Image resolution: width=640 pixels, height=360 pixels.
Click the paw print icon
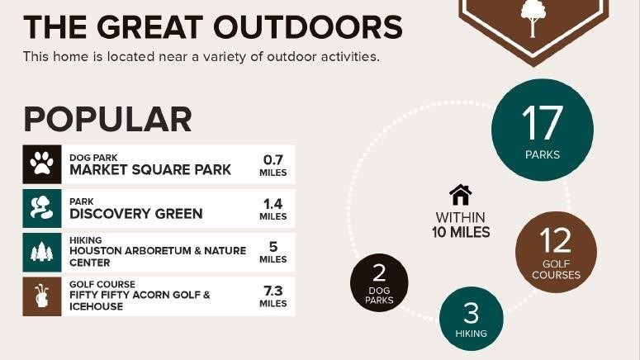[x=41, y=163]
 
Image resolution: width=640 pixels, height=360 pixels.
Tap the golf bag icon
[x=41, y=296]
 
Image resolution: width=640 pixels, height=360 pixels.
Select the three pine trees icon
[x=41, y=252]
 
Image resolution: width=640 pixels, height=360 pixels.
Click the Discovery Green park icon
[x=41, y=207]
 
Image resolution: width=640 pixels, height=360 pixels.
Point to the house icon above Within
[x=461, y=195]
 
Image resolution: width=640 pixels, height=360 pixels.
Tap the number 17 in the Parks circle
[x=542, y=122]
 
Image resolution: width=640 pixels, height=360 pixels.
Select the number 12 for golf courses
[x=555, y=240]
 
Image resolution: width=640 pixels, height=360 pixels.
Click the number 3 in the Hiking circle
[x=471, y=313]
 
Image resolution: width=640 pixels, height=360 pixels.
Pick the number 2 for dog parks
[x=379, y=272]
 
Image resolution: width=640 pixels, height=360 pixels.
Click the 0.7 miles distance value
[x=273, y=159]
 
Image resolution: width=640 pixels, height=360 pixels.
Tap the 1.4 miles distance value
[x=273, y=204]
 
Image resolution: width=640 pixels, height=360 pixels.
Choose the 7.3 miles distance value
[x=273, y=291]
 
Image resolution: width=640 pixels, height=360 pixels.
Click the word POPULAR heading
[x=107, y=119]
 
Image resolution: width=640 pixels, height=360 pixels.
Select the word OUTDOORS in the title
[x=308, y=27]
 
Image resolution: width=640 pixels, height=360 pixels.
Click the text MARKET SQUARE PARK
[x=150, y=169]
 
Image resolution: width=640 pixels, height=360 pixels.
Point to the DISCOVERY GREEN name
[x=136, y=214]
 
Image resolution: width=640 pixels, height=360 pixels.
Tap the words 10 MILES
[x=461, y=232]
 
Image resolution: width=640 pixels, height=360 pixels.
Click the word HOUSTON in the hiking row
[x=95, y=251]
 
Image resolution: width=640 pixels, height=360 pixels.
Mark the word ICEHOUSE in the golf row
[x=97, y=306]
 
